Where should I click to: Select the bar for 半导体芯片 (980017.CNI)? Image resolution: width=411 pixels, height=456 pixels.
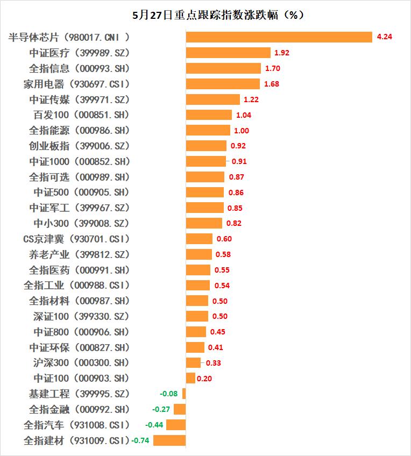point(279,37)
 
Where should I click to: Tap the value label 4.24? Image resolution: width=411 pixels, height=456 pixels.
point(385,37)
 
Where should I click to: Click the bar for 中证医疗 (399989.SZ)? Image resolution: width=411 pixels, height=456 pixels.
point(228,53)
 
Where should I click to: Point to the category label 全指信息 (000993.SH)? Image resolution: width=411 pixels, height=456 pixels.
point(80,68)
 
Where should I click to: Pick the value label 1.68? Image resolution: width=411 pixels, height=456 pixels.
point(271,84)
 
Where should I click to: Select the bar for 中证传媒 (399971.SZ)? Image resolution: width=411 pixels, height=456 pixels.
point(213,99)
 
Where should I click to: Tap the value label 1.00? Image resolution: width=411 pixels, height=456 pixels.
point(242,130)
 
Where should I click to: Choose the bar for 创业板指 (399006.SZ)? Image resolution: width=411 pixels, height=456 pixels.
point(206,146)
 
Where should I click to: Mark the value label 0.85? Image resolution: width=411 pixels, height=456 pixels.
point(235,208)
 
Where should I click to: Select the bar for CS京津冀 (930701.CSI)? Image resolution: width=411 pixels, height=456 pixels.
point(199,239)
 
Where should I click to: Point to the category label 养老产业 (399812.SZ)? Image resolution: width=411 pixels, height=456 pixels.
point(80,254)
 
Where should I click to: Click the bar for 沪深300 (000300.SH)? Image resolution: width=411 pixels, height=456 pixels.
point(193,362)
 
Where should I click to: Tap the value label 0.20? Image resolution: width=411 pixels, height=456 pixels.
point(204,378)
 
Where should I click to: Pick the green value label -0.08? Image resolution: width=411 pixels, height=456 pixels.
point(169,394)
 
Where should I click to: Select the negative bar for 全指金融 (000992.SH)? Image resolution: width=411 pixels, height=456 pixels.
point(180,409)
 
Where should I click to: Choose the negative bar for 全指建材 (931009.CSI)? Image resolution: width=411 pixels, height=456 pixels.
point(169,440)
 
